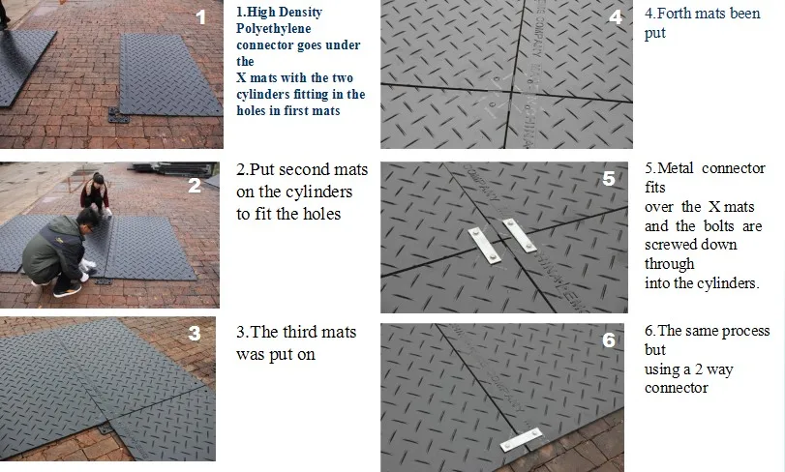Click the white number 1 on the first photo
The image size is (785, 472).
pos(200,17)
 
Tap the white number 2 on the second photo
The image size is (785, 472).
pos(195,186)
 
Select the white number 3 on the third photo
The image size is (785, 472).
pos(195,334)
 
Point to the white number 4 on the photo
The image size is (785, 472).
pos(616,17)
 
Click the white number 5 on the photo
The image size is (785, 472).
pos(608,179)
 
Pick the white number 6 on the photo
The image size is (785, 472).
pos(608,340)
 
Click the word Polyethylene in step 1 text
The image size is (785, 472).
pos(273,28)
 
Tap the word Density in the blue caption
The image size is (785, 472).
pos(300,12)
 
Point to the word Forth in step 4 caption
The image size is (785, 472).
pos(675,14)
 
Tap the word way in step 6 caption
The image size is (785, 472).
pos(720,370)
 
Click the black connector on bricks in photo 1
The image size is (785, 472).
pos(119,115)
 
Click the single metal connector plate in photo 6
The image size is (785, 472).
pos(521,439)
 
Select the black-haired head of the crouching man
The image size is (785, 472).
pos(87,219)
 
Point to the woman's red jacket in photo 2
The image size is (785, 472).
pos(95,194)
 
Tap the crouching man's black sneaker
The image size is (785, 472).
pos(68,289)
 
